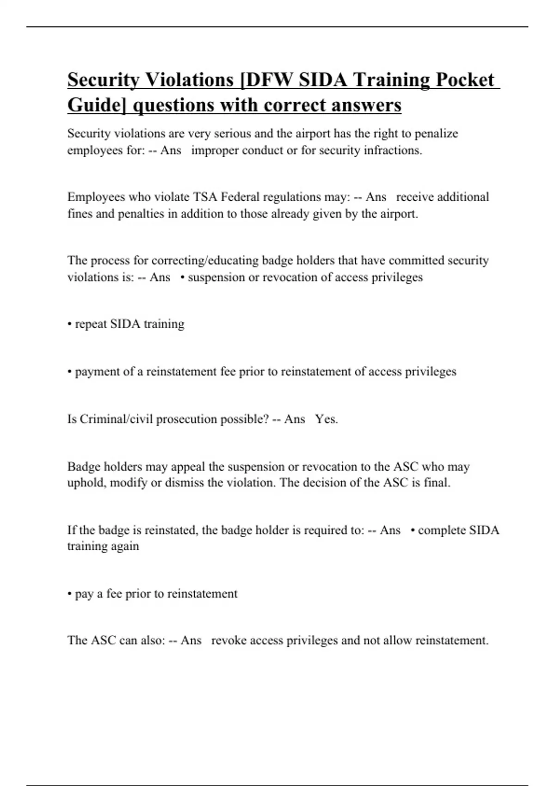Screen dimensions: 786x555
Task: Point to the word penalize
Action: [x=436, y=134]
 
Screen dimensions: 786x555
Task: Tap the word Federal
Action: [x=240, y=197]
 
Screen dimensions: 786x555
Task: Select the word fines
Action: [x=80, y=214]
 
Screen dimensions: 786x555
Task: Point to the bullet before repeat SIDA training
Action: [x=70, y=325]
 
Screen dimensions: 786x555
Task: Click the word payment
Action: [x=97, y=372]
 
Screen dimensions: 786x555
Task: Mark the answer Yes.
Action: [x=327, y=419]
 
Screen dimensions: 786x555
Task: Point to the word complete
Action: [x=441, y=530]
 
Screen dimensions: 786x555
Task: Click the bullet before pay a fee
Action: [x=70, y=594]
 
